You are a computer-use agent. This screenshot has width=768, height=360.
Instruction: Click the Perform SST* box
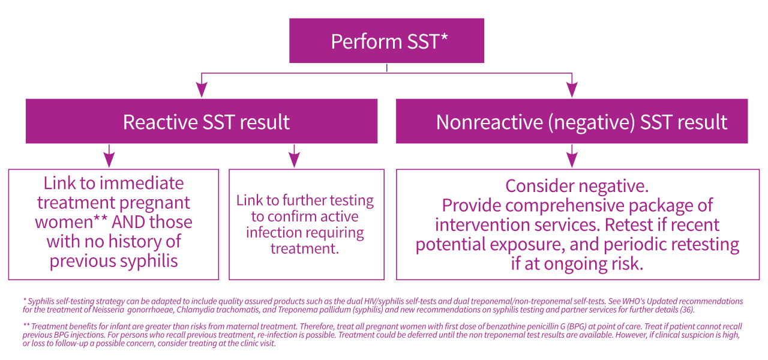[x=386, y=41]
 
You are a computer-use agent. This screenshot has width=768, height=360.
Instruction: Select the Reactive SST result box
[x=202, y=121]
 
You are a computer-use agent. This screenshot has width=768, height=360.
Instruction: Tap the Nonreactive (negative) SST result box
[x=572, y=121]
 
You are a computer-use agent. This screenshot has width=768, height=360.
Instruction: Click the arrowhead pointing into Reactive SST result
[x=202, y=90]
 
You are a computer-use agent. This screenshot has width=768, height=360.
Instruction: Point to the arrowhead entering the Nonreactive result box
[x=572, y=90]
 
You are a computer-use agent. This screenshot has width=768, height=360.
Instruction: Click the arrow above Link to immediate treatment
[x=109, y=159]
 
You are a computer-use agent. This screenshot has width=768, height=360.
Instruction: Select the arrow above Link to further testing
[x=293, y=159]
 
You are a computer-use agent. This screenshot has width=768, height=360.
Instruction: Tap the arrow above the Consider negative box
[x=572, y=159]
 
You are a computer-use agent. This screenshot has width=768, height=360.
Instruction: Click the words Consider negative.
[x=577, y=185]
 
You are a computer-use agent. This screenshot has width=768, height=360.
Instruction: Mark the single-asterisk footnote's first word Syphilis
[x=43, y=301]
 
